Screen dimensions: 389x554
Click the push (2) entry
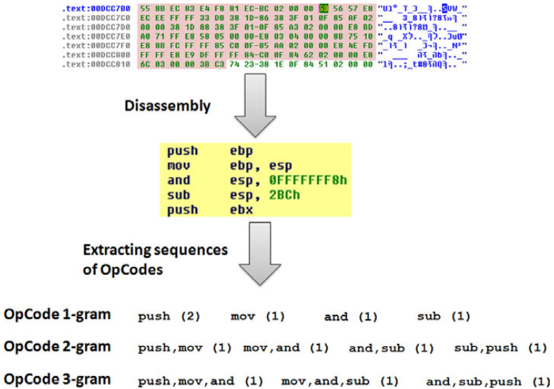click(168, 316)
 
